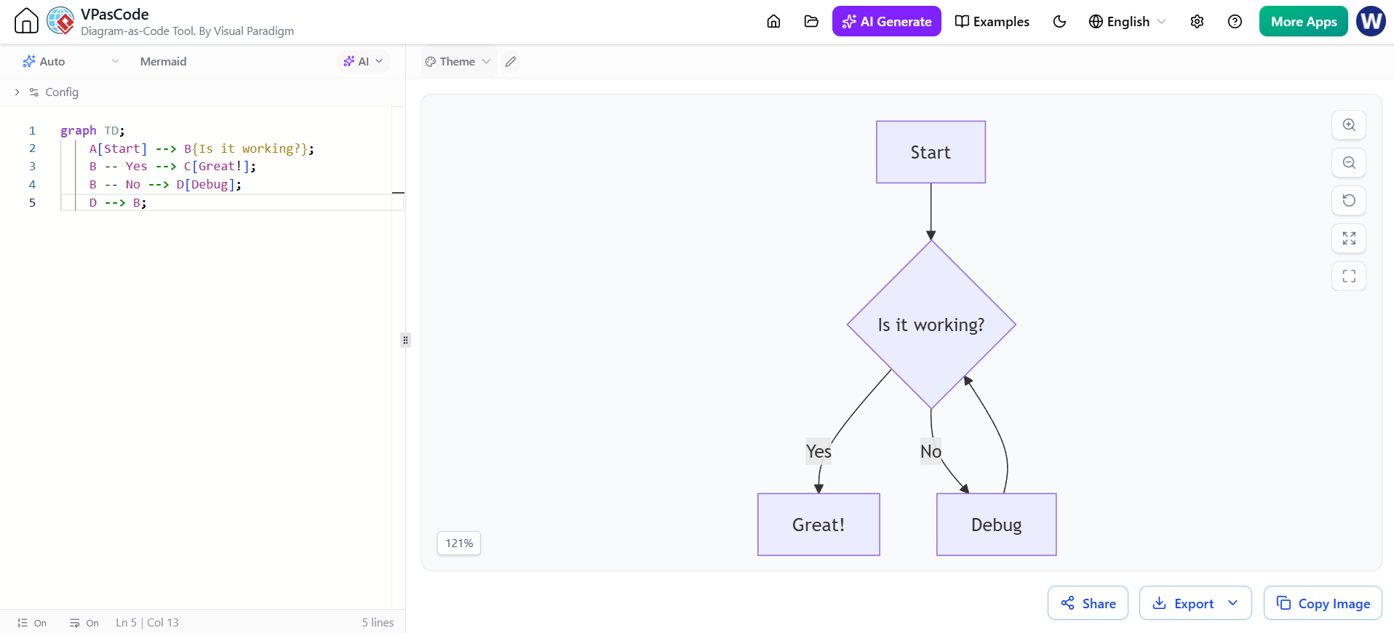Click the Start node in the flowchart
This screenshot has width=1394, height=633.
point(931,152)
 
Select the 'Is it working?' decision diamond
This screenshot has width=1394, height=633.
point(931,325)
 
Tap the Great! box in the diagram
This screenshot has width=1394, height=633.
point(819,525)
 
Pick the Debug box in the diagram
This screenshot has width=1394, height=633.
point(996,525)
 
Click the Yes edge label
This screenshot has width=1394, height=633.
point(819,452)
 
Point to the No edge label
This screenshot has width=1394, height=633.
point(931,452)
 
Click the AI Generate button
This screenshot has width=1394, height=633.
point(886,21)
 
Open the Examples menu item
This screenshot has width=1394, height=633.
point(992,21)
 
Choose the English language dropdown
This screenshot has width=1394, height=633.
point(1127,21)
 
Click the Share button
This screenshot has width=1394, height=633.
point(1088,603)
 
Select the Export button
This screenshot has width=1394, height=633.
point(1195,603)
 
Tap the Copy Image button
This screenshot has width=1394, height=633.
point(1323,603)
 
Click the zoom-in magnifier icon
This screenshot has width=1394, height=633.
point(1349,124)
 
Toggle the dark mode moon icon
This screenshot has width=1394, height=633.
point(1059,21)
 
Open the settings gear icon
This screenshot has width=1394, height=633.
point(1197,21)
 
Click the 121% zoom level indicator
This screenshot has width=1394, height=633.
point(459,544)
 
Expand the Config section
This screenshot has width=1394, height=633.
point(47,92)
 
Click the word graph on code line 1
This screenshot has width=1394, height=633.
point(78,131)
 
